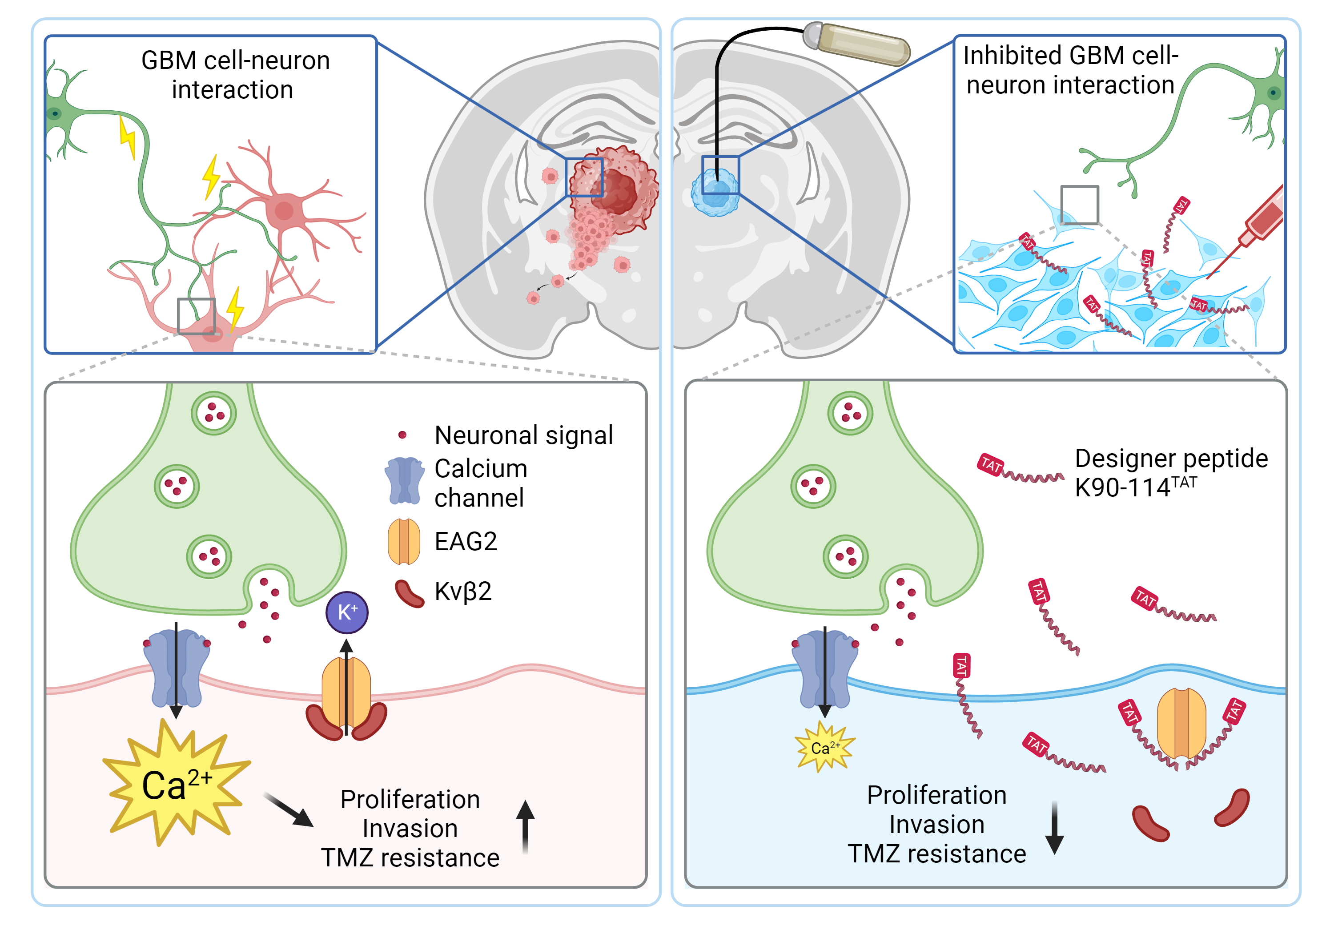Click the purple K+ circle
pos(346,612)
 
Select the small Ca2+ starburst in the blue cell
pos(824,748)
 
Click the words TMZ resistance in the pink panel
pos(410,858)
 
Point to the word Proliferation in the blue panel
pos(936,795)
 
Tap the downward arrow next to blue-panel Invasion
pos(1055,828)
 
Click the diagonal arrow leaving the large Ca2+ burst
pos(289,809)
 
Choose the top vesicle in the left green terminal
pos(214,413)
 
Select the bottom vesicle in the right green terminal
pos(845,557)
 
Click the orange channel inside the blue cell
pos(1181,724)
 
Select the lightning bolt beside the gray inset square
pos(235,310)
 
